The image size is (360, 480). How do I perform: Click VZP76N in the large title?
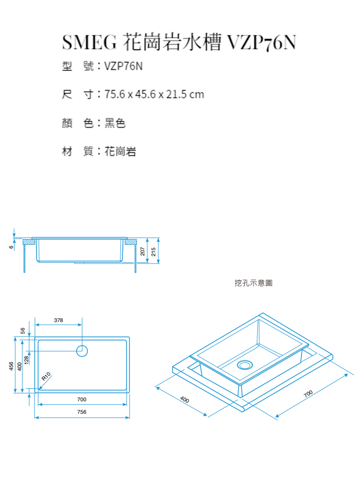pos(262,42)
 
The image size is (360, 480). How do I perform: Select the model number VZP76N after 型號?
pos(123,66)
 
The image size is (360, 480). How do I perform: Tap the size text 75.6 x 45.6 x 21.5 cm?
pos(154,94)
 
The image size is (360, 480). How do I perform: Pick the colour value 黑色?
pos(115,123)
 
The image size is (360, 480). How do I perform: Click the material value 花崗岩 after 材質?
pos(120,151)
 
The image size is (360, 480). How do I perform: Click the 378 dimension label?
pos(59,320)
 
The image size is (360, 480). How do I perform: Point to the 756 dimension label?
pos(82,412)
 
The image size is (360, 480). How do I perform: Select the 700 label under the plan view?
pos(82,399)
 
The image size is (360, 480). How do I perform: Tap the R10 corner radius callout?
pos(46,376)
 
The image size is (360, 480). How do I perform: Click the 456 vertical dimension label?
pos(12,366)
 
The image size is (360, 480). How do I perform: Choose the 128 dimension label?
pos(26,360)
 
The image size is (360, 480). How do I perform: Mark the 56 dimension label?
pos(23,331)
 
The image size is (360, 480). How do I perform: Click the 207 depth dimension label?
pos(143,252)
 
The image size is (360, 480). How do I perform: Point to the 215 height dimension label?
pos(154,252)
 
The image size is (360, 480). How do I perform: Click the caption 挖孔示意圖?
pos(253,283)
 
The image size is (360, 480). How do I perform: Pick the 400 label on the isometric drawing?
pos(185,399)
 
